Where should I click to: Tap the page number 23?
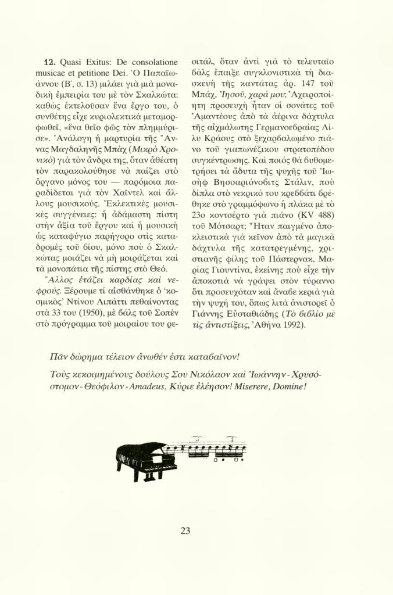185,530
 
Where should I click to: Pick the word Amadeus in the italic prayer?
144,386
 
